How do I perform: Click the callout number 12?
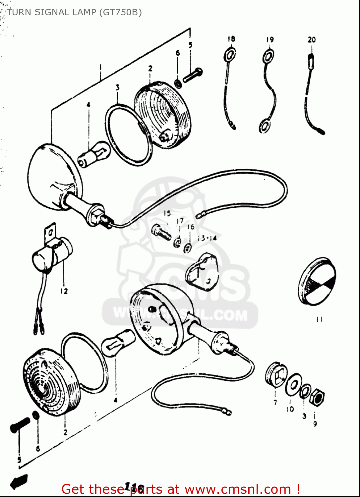click(x=64, y=291)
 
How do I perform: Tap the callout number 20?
click(x=312, y=40)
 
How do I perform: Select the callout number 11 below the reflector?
click(x=319, y=319)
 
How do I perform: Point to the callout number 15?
click(x=167, y=213)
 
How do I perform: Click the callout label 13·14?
click(x=207, y=238)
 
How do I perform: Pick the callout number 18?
click(x=231, y=39)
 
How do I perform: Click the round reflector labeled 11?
click(x=317, y=281)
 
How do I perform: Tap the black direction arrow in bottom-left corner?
click(x=19, y=481)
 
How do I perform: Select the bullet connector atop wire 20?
click(x=311, y=62)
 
